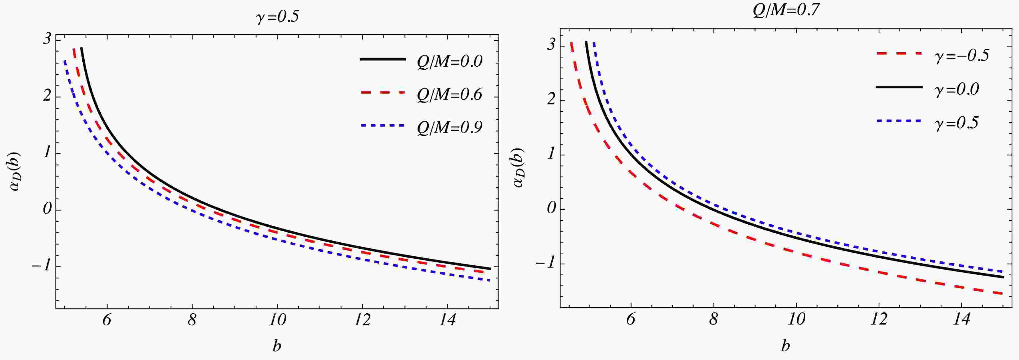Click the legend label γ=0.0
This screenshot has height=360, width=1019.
tap(956, 89)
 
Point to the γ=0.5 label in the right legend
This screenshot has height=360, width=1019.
tap(956, 123)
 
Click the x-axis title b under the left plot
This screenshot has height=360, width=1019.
tap(277, 346)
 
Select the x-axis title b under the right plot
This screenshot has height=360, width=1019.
tap(786, 346)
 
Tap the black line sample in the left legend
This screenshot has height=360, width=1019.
tap(383, 59)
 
